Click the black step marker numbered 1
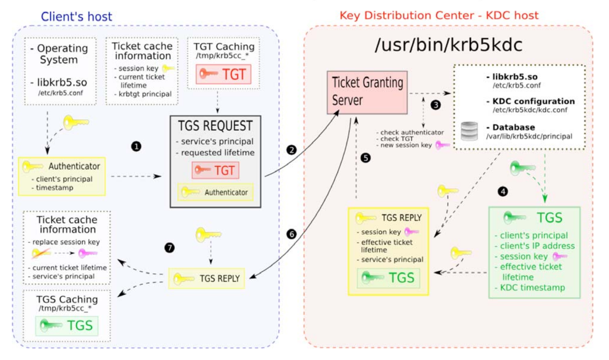136,146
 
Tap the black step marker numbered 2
291,150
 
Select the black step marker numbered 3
436,105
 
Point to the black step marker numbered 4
503,191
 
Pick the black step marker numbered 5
365,158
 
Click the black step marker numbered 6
291,234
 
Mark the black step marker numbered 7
169,248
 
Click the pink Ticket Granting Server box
367,92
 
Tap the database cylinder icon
469,131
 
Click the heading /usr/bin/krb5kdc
448,45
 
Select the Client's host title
76,17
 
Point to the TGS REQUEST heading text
215,126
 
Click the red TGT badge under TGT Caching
223,74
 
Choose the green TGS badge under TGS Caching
67,326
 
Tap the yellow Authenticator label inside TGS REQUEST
216,192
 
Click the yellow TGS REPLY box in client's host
206,279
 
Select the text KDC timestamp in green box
532,287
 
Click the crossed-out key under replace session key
41,253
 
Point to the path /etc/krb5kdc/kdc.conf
530,110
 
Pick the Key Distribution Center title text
439,15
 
